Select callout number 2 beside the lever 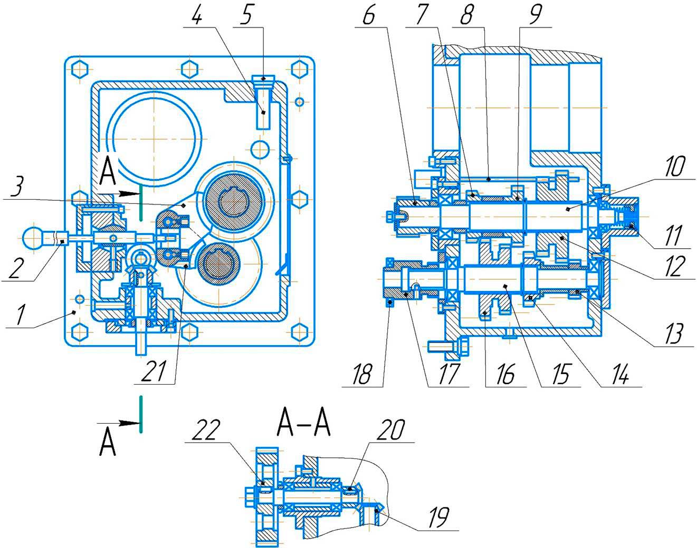pyautogui.click(x=16, y=268)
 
